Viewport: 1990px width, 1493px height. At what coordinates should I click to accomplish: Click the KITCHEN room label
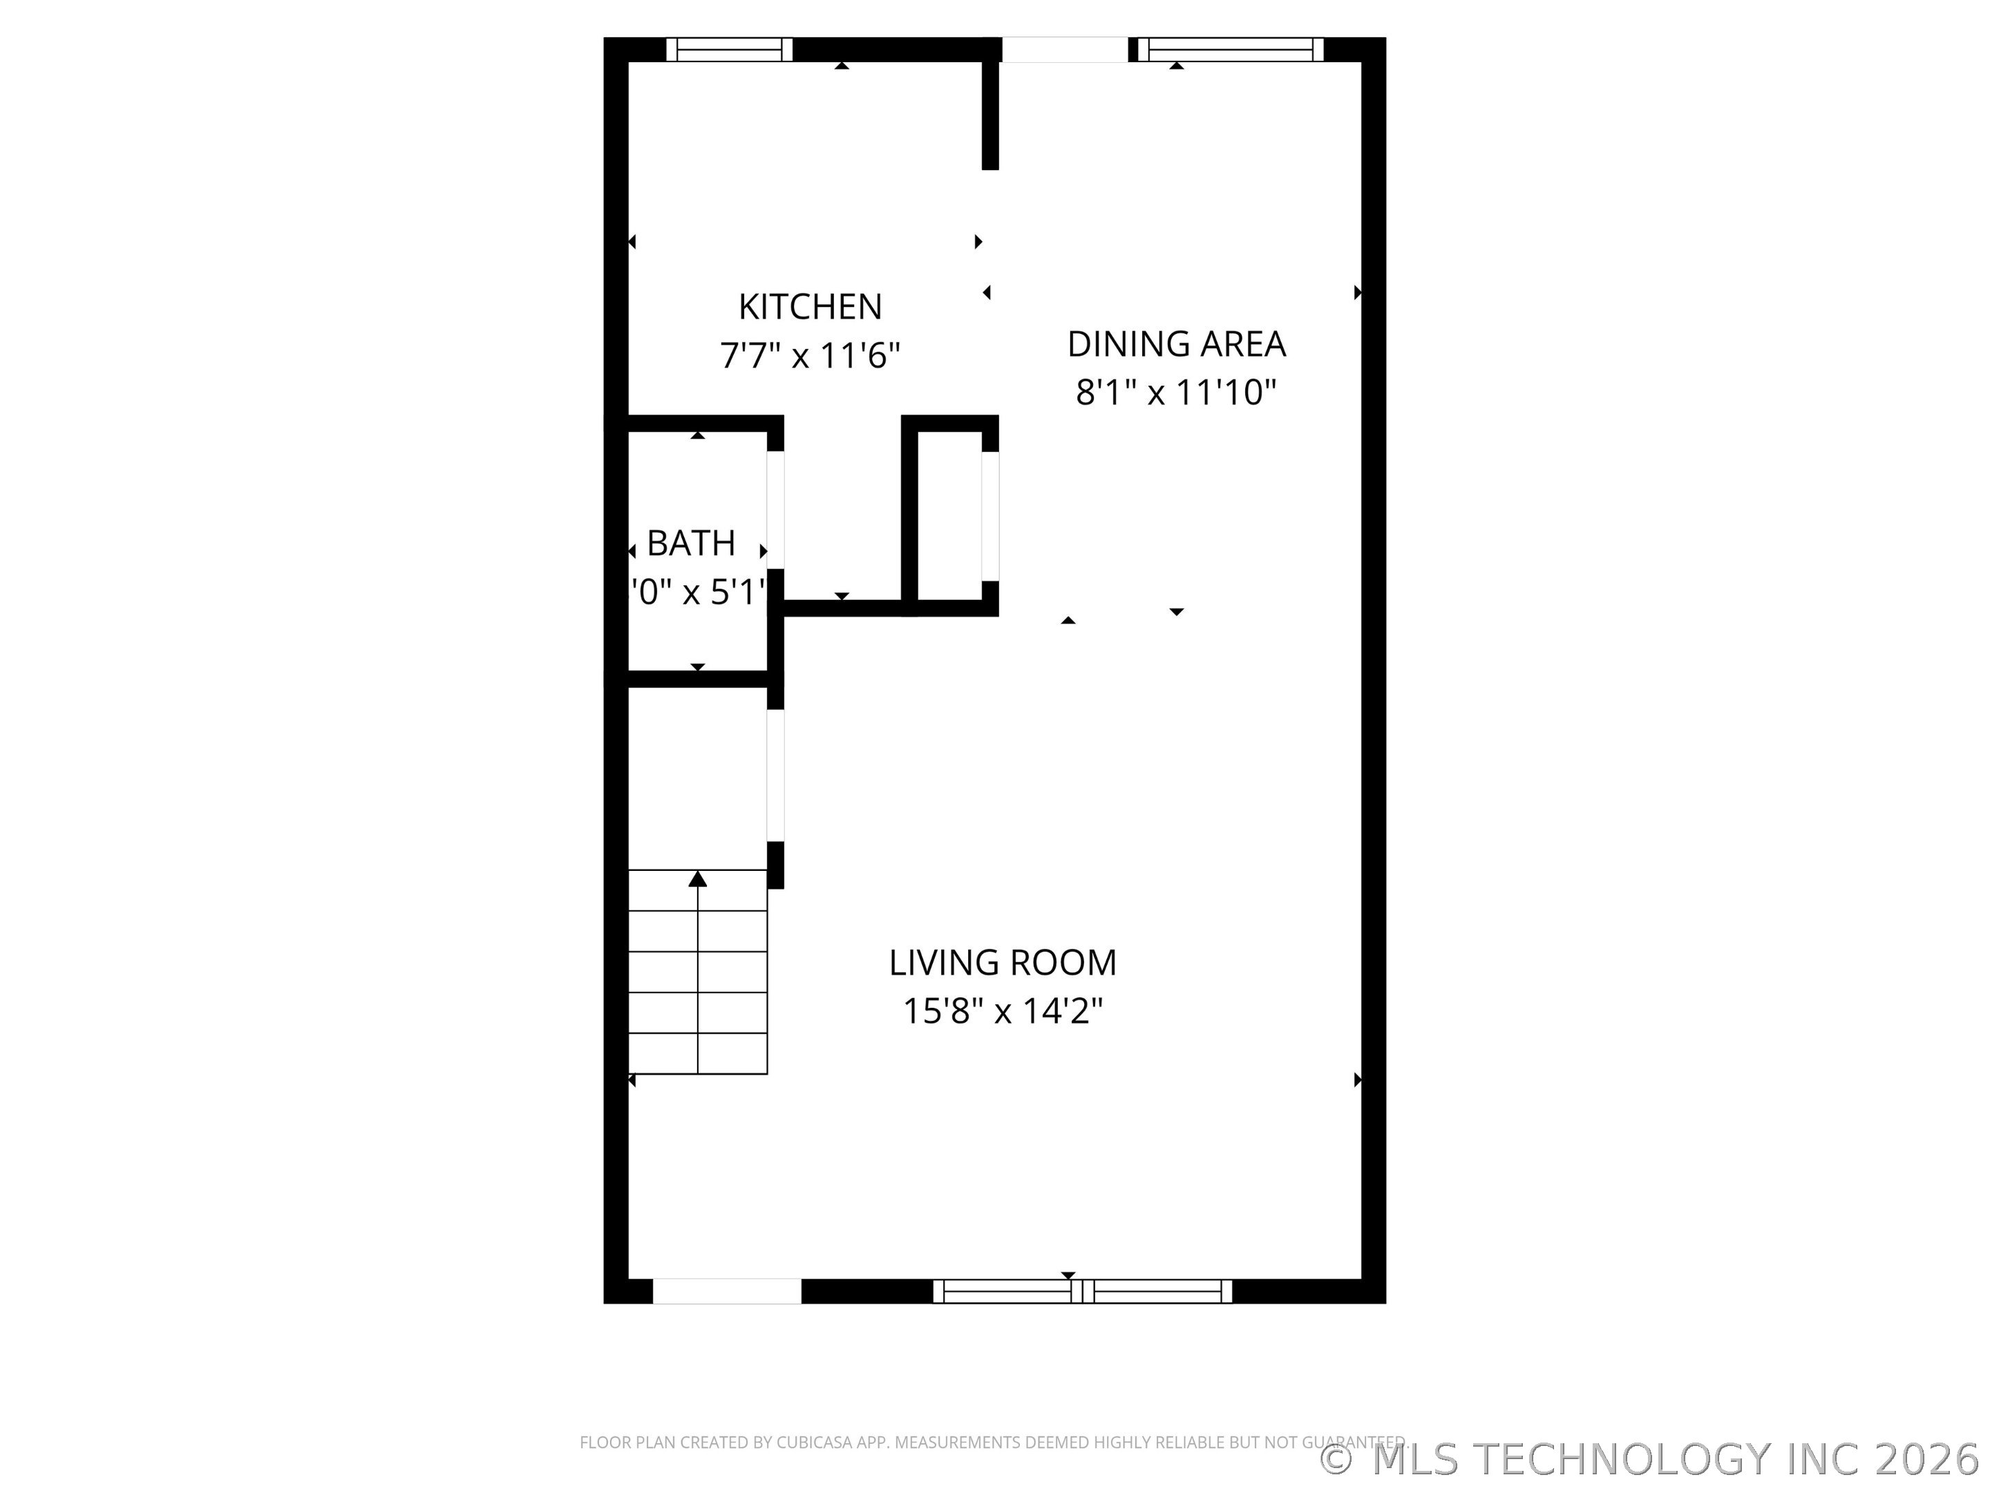(x=810, y=307)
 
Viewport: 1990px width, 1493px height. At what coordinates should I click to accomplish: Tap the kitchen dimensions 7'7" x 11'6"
(x=810, y=355)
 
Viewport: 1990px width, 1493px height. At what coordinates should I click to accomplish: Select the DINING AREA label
(x=1176, y=344)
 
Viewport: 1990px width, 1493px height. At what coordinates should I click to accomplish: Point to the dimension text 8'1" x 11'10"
(x=1176, y=393)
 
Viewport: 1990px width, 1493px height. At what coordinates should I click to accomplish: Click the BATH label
(x=691, y=543)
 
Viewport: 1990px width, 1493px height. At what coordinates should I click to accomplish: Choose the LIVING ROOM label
(x=1002, y=962)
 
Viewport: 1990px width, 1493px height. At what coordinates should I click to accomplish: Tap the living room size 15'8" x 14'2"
(x=1002, y=1011)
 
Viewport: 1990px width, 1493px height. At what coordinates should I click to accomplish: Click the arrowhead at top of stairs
(x=697, y=879)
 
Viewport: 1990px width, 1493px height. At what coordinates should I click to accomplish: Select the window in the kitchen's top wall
(x=729, y=50)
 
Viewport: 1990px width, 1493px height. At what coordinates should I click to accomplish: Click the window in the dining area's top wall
(x=1231, y=50)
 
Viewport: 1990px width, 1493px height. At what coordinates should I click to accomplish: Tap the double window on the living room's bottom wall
(x=1082, y=1290)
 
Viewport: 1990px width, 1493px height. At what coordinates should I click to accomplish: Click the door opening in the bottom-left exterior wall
(x=727, y=1290)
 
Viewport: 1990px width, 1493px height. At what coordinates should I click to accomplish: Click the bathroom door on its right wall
(x=775, y=509)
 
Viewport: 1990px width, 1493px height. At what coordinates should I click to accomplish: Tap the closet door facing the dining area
(x=989, y=515)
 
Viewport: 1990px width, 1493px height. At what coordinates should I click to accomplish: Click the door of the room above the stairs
(x=775, y=775)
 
